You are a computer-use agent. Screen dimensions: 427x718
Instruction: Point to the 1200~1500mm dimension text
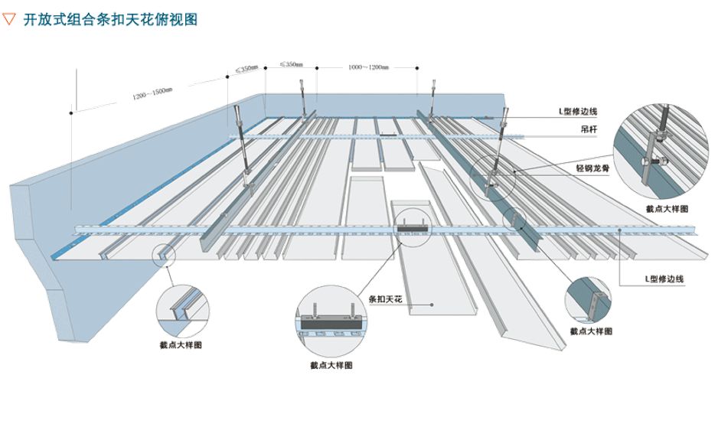pyautogui.click(x=152, y=93)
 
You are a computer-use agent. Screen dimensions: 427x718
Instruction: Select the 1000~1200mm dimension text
pyautogui.click(x=368, y=68)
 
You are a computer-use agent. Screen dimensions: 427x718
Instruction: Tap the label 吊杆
pyautogui.click(x=589, y=131)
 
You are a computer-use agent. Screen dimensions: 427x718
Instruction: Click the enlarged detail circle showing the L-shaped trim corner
pyautogui.click(x=589, y=298)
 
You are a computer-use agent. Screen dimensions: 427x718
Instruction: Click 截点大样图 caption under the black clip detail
pyautogui.click(x=331, y=366)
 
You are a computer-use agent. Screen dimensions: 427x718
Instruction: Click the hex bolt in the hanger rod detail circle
pyautogui.click(x=659, y=161)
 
